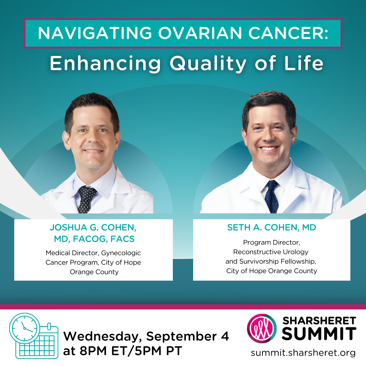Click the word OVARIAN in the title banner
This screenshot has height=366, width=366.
coord(200,33)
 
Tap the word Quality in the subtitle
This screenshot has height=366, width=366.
coord(208,64)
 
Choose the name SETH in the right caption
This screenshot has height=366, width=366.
coord(239,227)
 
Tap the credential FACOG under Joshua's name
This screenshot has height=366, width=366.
coord(90,239)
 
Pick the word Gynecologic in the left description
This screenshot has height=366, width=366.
coord(121,253)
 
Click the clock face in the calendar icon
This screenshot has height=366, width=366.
coord(25,328)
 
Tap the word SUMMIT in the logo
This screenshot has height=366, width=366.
coord(319,334)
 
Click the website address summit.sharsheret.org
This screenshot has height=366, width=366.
coord(303,353)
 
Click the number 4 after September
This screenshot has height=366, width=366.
coord(225,336)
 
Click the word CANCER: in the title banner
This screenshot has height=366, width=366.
coord(288,33)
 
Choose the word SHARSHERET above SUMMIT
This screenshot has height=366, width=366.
coord(319,321)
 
